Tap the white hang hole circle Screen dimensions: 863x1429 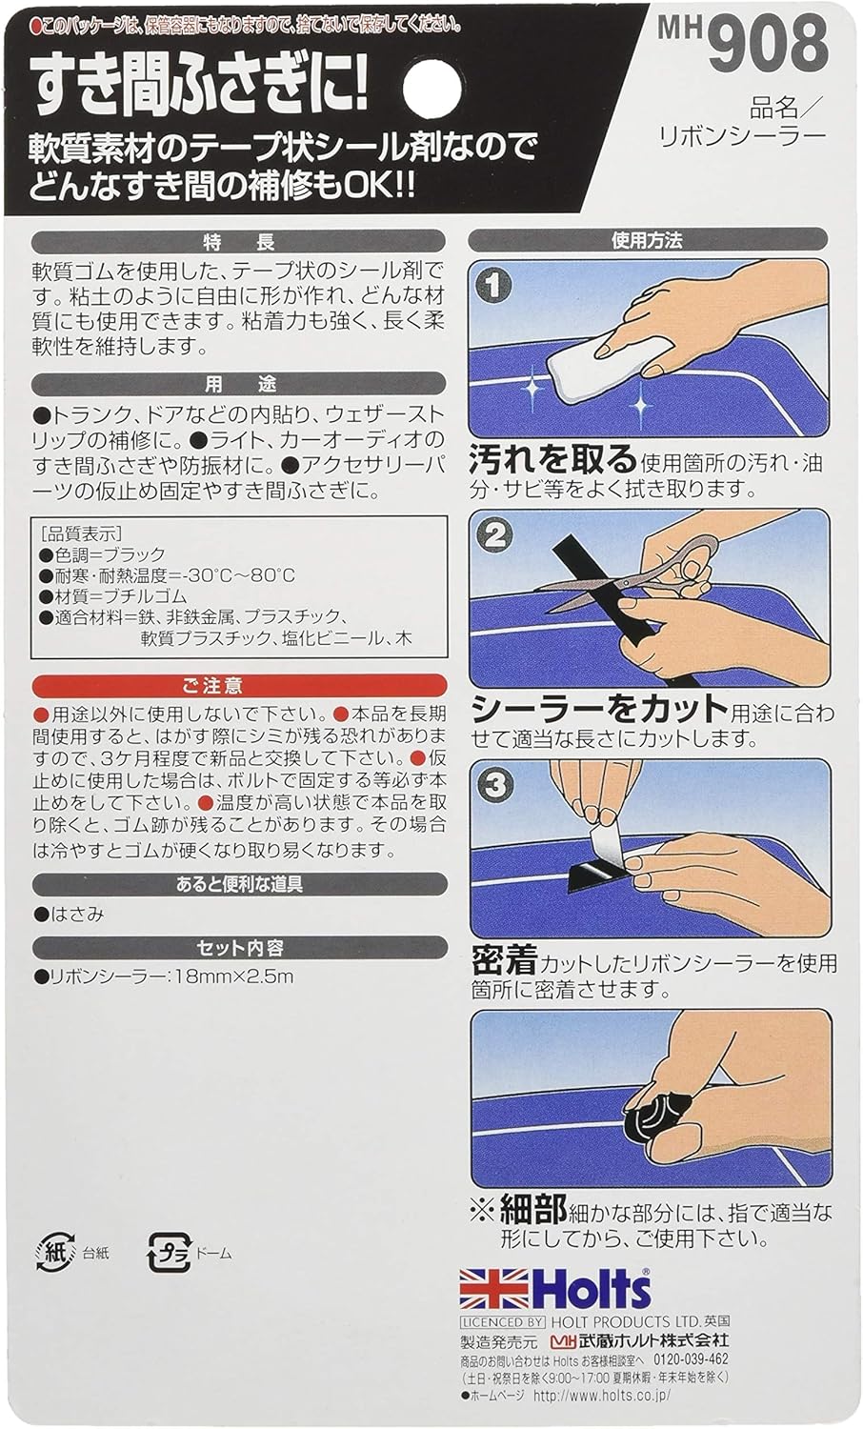coord(431,89)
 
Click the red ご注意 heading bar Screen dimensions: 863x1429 coord(239,685)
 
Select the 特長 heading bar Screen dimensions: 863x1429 coord(238,242)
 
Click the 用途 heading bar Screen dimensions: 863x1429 coord(238,383)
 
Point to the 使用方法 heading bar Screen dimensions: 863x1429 coord(648,240)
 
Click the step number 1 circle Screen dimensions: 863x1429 coord(493,286)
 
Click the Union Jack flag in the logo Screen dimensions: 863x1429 coord(493,1289)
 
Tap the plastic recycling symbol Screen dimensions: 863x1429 coord(170,1253)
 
